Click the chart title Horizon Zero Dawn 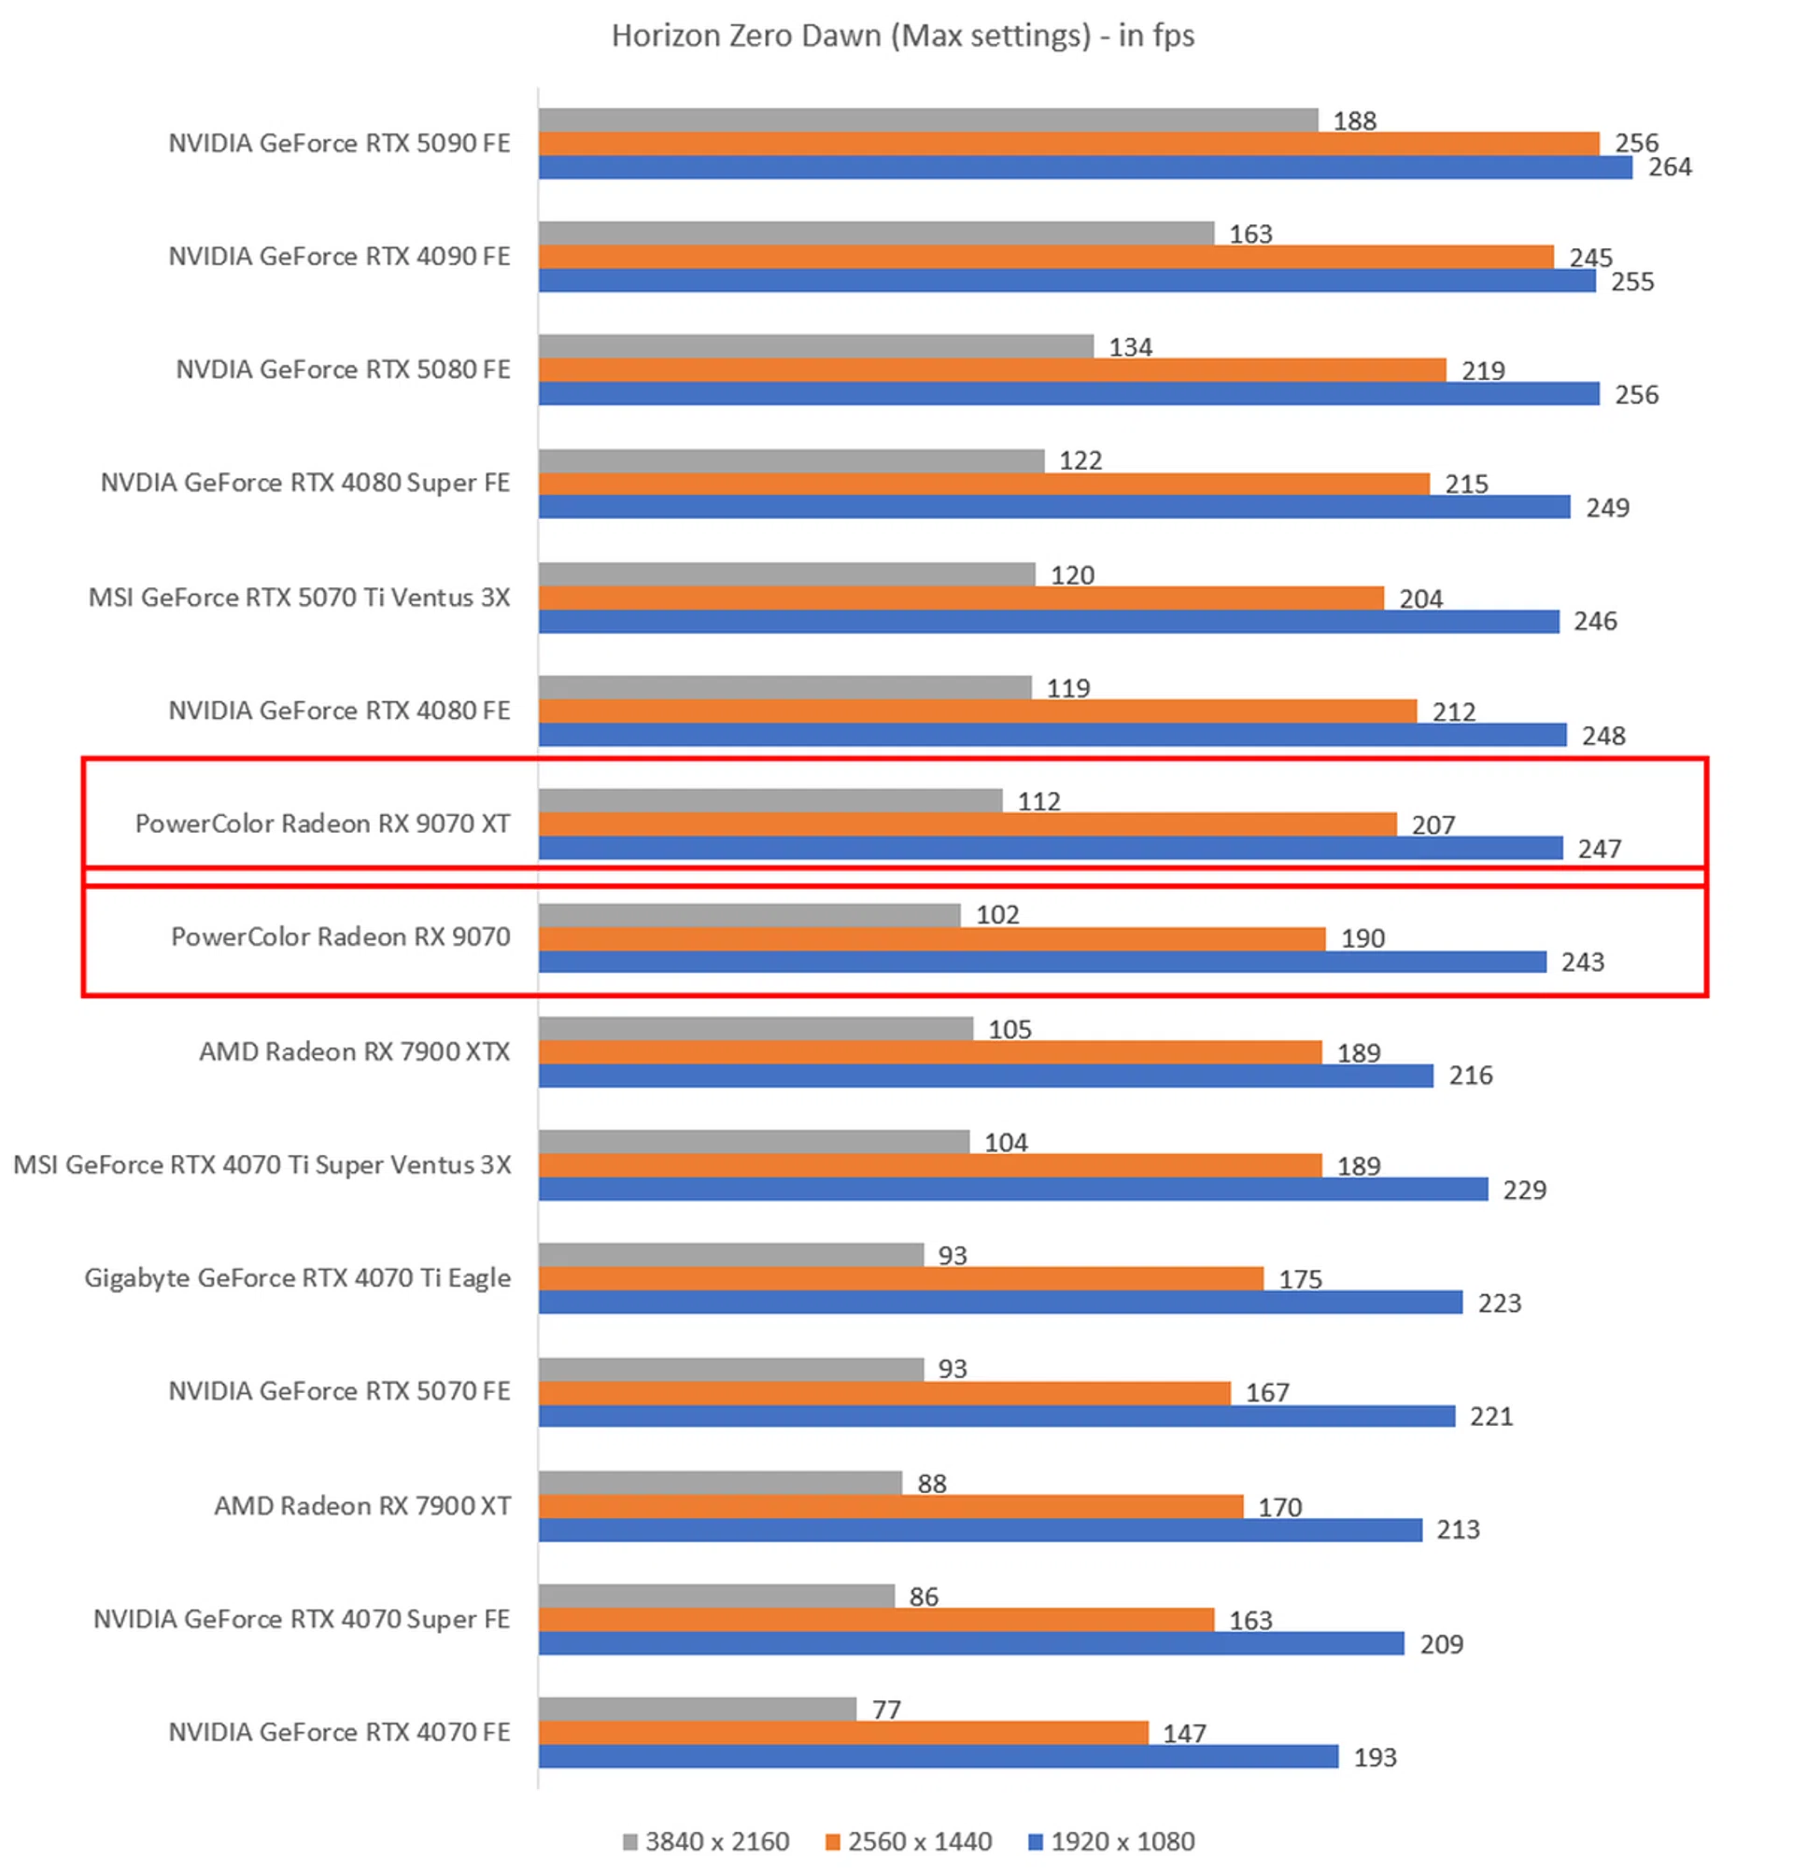pyautogui.click(x=902, y=35)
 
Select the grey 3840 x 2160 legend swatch pyautogui.click(x=628, y=1841)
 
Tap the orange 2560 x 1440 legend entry pyautogui.click(x=909, y=1841)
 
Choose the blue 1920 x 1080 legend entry pyautogui.click(x=1111, y=1841)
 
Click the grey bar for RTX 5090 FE pyautogui.click(x=926, y=120)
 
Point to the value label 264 pyautogui.click(x=1669, y=167)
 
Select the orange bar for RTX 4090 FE pyautogui.click(x=1045, y=257)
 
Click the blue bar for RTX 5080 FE pyautogui.click(x=1068, y=393)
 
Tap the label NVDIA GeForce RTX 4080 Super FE pyautogui.click(x=304, y=483)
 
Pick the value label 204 pyautogui.click(x=1420, y=598)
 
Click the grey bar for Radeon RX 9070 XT pyautogui.click(x=769, y=800)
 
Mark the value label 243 pyautogui.click(x=1582, y=962)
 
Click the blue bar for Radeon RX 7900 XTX pyautogui.click(x=985, y=1076)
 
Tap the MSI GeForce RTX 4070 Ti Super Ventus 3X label pyautogui.click(x=261, y=1164)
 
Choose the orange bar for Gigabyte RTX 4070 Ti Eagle pyautogui.click(x=900, y=1278)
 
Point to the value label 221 pyautogui.click(x=1490, y=1415)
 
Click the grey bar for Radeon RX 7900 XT pyautogui.click(x=719, y=1483)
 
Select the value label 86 pyautogui.click(x=923, y=1596)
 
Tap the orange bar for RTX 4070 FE pyautogui.click(x=842, y=1733)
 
